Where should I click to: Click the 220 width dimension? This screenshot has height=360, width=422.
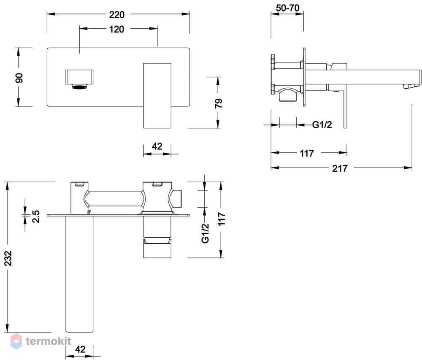click(x=117, y=14)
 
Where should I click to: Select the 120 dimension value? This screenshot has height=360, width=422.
click(x=116, y=29)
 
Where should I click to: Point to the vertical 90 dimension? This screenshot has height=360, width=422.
click(x=19, y=78)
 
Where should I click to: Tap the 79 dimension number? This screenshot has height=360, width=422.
click(x=219, y=103)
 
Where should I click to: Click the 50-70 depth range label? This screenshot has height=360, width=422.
click(x=287, y=8)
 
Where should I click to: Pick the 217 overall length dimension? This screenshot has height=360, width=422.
click(x=340, y=168)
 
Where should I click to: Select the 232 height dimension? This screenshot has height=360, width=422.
click(x=8, y=258)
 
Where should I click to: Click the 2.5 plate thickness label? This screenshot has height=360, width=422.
click(x=36, y=217)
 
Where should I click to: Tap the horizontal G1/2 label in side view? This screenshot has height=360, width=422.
click(x=322, y=125)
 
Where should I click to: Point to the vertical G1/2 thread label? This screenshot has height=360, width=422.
click(x=206, y=233)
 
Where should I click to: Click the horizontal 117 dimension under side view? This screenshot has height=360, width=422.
click(x=307, y=153)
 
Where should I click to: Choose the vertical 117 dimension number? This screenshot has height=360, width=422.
click(x=222, y=219)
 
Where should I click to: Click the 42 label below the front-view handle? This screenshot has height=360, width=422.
click(x=157, y=146)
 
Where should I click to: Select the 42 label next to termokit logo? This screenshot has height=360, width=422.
click(x=80, y=349)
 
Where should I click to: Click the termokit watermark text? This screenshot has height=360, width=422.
click(x=49, y=341)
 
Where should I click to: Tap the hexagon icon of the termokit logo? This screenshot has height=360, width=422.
click(x=16, y=341)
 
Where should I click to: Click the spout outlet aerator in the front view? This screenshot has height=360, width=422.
click(x=79, y=87)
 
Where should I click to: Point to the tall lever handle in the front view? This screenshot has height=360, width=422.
click(x=157, y=95)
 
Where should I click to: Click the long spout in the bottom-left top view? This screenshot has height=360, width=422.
click(x=79, y=273)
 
